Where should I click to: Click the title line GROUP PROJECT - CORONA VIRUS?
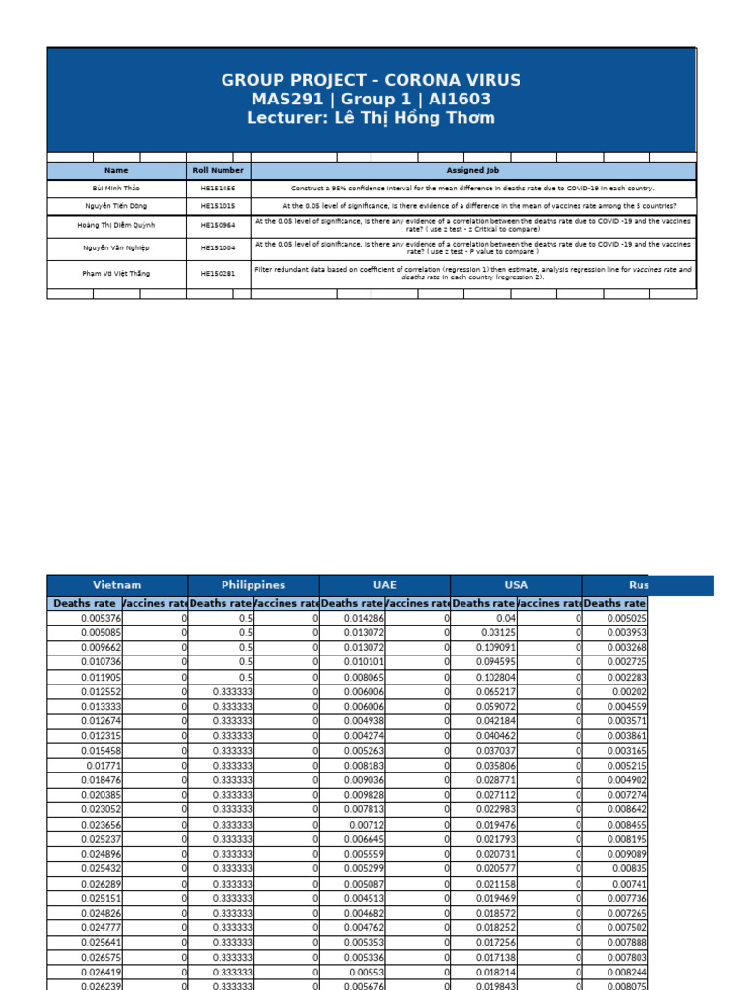pyautogui.click(x=371, y=80)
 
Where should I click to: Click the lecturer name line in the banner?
pyautogui.click(x=371, y=118)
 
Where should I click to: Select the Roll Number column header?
pyautogui.click(x=217, y=170)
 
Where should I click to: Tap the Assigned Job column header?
pyautogui.click(x=472, y=170)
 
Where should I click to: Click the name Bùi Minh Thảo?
pyautogui.click(x=115, y=189)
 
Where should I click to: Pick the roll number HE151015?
pyautogui.click(x=218, y=206)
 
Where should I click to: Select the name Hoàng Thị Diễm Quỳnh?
pyautogui.click(x=115, y=225)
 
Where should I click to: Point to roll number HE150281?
pyautogui.click(x=218, y=274)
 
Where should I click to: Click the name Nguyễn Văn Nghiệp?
pyautogui.click(x=115, y=248)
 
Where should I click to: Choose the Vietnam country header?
pyautogui.click(x=117, y=585)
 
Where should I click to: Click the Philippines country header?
pyautogui.click(x=253, y=585)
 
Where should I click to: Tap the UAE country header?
pyautogui.click(x=384, y=585)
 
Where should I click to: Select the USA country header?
pyautogui.click(x=517, y=585)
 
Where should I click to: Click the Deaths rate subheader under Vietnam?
pyautogui.click(x=84, y=603)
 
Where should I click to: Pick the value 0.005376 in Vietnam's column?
pyautogui.click(x=102, y=618)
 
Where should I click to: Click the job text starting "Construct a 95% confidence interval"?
pyautogui.click(x=472, y=189)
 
